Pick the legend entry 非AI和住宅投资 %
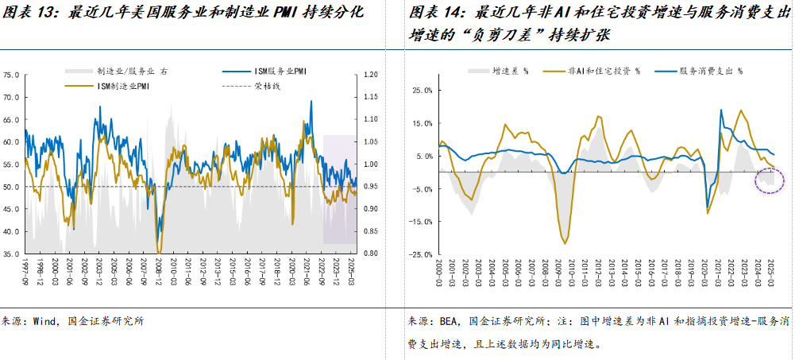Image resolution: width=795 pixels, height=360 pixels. [604, 71]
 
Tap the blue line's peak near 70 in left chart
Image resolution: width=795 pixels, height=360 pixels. [311, 101]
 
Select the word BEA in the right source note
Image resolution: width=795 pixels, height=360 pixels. [450, 321]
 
